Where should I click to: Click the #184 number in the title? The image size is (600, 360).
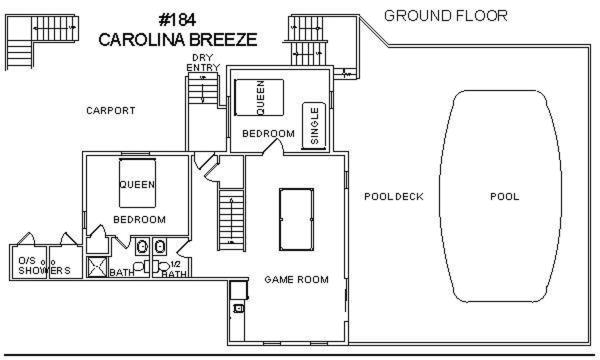(x=177, y=20)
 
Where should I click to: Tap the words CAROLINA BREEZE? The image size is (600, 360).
(x=178, y=39)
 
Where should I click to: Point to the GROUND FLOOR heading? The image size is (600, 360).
(x=446, y=16)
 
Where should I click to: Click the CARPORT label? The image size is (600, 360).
(x=111, y=111)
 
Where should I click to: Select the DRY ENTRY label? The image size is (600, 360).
(x=203, y=62)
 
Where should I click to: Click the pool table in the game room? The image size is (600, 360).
(x=296, y=219)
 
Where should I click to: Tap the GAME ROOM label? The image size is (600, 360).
(x=297, y=280)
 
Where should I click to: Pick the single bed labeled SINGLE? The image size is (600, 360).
(x=314, y=125)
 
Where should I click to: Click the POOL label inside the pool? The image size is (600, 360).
(x=505, y=197)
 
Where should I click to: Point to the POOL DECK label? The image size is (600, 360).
(x=394, y=197)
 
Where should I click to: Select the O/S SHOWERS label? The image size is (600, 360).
(x=44, y=266)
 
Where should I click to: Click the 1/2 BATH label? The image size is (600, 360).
(x=174, y=269)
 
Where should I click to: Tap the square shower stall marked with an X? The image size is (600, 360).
(x=97, y=267)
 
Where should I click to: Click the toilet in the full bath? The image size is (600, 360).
(x=139, y=266)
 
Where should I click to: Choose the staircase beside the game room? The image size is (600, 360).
(x=231, y=220)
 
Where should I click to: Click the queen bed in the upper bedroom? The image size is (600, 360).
(x=259, y=97)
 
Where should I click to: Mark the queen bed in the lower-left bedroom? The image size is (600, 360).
(x=137, y=183)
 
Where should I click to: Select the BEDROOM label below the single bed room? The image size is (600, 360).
(x=268, y=134)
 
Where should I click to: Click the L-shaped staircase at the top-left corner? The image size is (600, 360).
(x=41, y=41)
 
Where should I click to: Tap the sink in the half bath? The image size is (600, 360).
(x=159, y=247)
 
